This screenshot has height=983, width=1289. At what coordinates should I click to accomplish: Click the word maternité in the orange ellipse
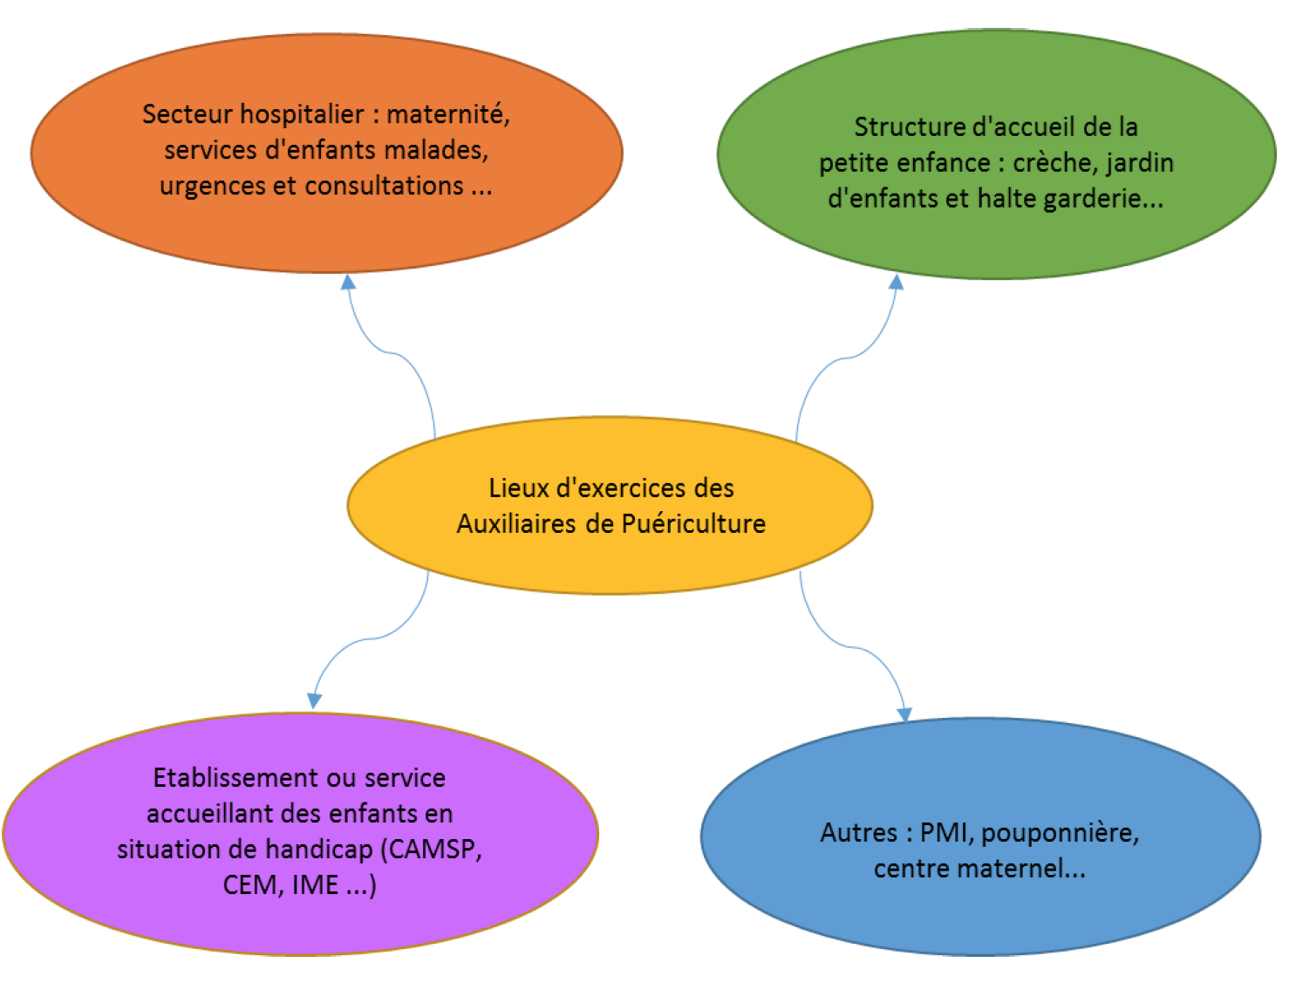click(x=447, y=114)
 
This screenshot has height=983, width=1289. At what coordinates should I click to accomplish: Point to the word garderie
click(x=1103, y=199)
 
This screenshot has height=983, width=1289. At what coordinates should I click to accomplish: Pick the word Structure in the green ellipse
click(x=909, y=127)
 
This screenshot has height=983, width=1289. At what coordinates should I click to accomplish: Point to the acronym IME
click(x=315, y=885)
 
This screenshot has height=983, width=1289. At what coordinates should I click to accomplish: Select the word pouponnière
click(x=1061, y=834)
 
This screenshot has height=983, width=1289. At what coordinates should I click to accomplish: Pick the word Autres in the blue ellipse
click(x=858, y=833)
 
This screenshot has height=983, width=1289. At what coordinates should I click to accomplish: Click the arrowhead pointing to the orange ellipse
click(x=348, y=282)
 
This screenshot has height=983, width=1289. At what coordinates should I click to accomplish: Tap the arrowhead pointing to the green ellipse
click(x=896, y=282)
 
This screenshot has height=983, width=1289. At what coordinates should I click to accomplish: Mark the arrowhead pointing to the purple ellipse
click(x=314, y=700)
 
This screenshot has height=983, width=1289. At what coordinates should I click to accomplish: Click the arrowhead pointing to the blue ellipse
click(x=904, y=713)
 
